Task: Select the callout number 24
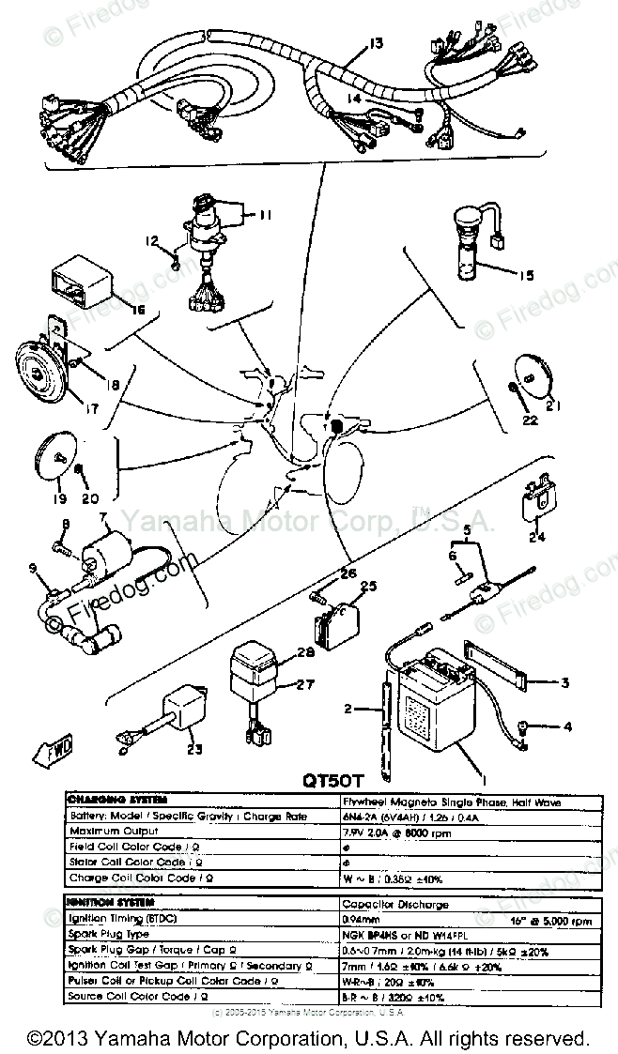pos(536,538)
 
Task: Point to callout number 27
pos(305,684)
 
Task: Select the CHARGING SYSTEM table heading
pos(116,800)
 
